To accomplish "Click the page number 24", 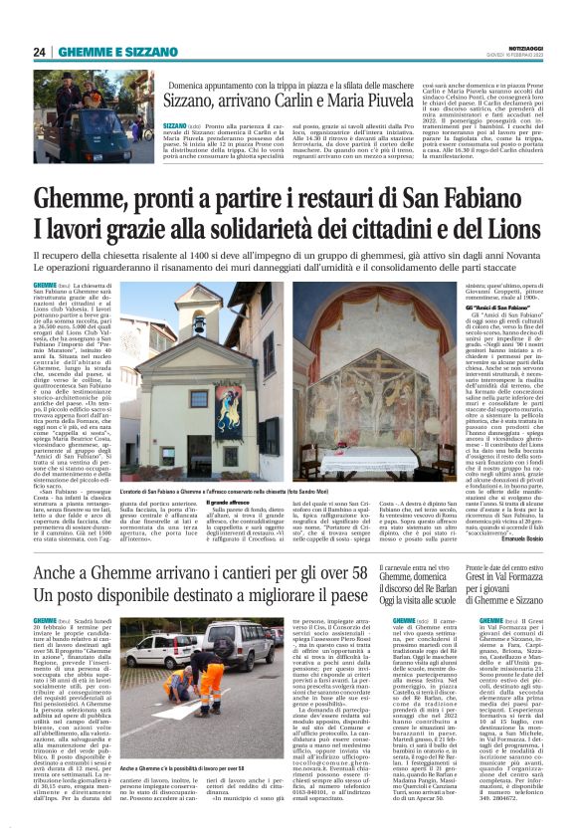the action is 40,52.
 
